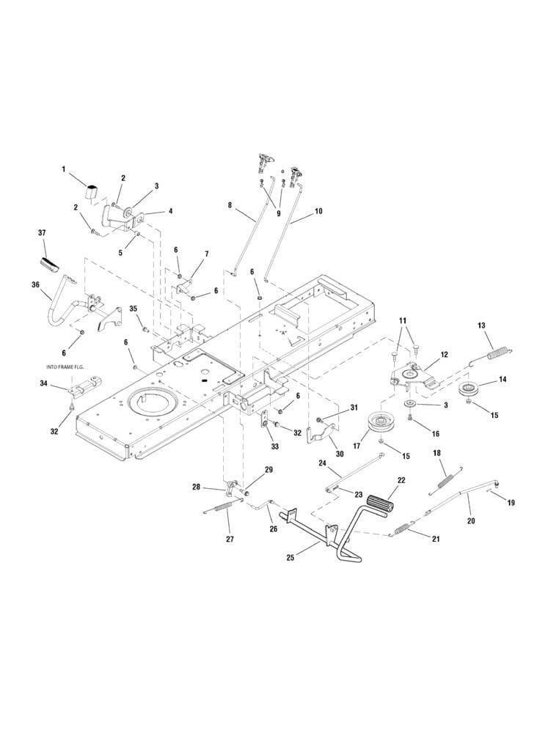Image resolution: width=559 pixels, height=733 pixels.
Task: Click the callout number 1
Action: tap(64, 169)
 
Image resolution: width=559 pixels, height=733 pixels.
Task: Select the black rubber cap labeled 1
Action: tap(91, 192)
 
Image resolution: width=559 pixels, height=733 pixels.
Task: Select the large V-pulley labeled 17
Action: tap(381, 425)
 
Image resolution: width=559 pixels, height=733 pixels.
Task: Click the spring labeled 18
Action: tap(445, 479)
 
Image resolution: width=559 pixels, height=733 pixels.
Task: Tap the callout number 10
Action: tap(318, 211)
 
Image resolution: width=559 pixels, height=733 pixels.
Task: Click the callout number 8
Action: tap(230, 206)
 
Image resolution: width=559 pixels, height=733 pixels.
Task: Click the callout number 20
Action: tap(471, 520)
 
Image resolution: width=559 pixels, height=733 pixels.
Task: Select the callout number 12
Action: tap(443, 355)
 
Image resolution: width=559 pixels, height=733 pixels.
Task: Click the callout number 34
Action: tap(44, 383)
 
